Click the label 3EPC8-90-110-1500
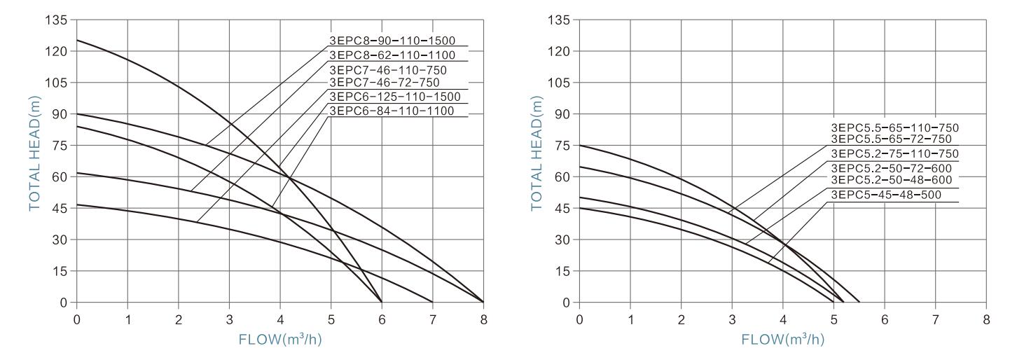point(397,41)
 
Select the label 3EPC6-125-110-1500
point(397,96)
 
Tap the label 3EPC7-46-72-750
point(385,83)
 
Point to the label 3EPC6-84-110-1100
point(392,111)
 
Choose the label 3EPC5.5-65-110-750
point(894,128)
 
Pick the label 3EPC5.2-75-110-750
point(894,154)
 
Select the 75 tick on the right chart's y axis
point(564,146)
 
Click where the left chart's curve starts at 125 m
point(77,40)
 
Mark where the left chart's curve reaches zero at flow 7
point(432,302)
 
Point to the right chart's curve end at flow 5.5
point(859,302)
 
